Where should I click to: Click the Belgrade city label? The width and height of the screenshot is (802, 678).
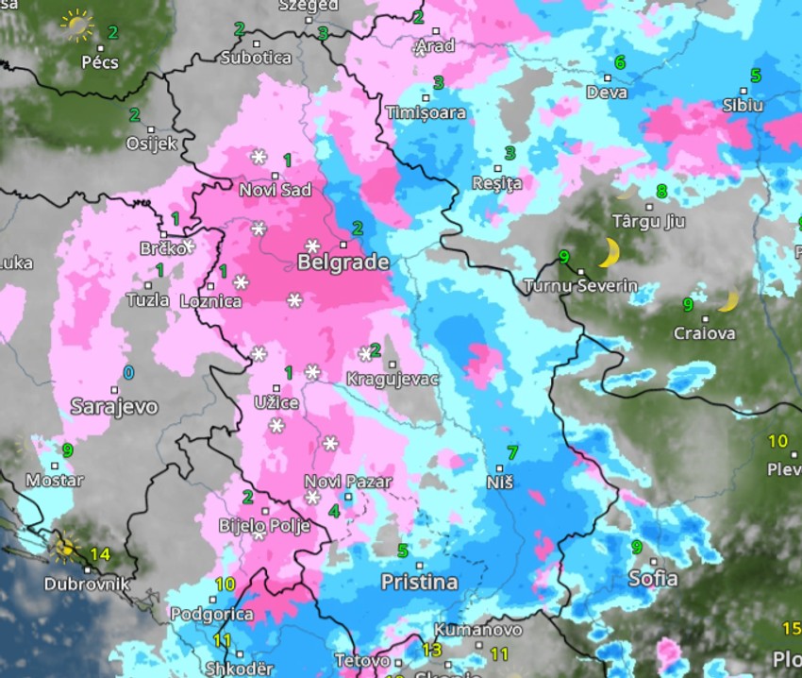click(343, 262)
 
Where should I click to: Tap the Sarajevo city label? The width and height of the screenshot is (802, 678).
click(114, 407)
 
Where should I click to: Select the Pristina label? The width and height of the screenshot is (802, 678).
click(419, 582)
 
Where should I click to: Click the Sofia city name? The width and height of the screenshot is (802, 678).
click(652, 577)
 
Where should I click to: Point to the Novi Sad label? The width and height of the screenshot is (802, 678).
click(276, 190)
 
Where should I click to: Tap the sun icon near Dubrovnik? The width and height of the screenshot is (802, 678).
click(66, 547)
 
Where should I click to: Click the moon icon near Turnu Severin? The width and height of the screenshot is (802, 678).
click(609, 252)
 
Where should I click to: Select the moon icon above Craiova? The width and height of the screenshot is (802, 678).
click(727, 301)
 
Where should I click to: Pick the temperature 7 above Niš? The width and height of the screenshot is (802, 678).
click(512, 452)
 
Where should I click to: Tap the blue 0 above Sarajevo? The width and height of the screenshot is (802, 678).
click(128, 373)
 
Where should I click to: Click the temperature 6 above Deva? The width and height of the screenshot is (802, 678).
click(620, 63)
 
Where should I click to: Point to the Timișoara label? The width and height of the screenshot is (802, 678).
click(426, 112)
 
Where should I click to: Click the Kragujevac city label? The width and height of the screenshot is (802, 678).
click(393, 379)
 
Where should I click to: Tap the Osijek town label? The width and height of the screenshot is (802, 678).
click(151, 144)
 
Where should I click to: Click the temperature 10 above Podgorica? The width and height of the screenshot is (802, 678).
click(225, 585)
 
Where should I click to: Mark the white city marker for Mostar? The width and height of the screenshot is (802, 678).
click(56, 465)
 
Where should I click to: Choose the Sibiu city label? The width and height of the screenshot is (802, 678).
click(742, 106)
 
